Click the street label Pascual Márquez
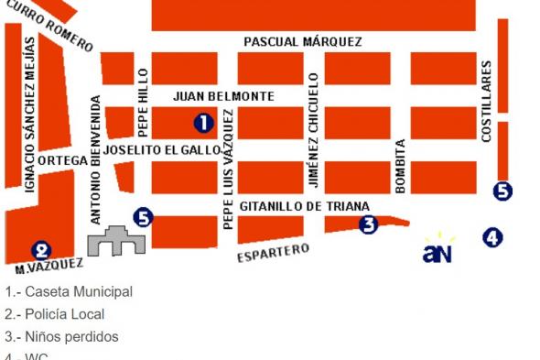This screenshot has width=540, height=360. (303, 42)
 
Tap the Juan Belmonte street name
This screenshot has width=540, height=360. (223, 96)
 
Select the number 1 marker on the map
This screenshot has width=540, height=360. (203, 122)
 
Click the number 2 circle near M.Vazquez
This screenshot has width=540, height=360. (41, 249)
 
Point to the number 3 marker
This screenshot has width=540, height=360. (368, 224)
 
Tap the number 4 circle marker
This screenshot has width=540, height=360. (493, 237)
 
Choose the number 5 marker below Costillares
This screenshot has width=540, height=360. (502, 191)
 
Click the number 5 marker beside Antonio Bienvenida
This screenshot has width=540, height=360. (142, 217)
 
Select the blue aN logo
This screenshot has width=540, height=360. (437, 251)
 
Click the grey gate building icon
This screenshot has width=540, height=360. (117, 240)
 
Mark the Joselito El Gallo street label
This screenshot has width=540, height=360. (161, 149)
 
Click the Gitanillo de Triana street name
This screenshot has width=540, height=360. (304, 207)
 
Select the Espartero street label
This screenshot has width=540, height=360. (273, 252)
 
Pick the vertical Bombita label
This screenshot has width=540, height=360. (399, 166)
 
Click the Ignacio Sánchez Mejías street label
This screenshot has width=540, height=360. (30, 115)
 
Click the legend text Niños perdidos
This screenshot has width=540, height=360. (60, 336)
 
